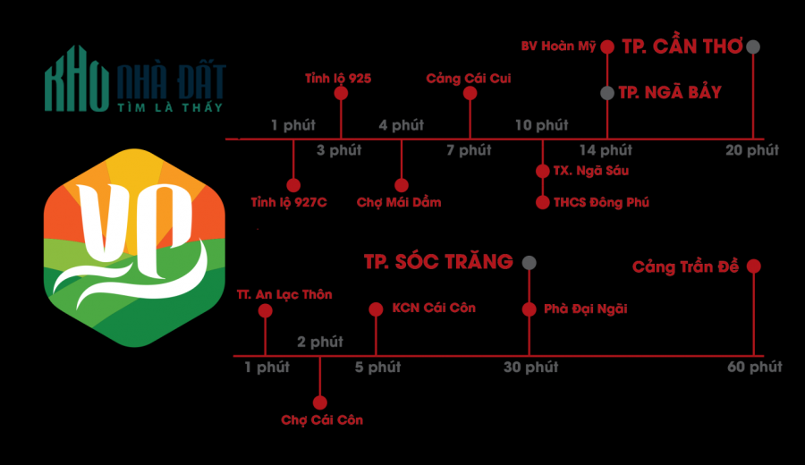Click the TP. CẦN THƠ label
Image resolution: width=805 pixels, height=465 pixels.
pyautogui.click(x=682, y=46)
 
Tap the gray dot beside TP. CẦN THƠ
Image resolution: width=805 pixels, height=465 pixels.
pyautogui.click(x=753, y=46)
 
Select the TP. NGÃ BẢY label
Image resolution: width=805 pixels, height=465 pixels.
pyautogui.click(x=670, y=92)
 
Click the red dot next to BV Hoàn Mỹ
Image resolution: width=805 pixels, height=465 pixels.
pyautogui.click(x=607, y=47)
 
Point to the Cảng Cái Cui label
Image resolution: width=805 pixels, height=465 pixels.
pyautogui.click(x=469, y=79)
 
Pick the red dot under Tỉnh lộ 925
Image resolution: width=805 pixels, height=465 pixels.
pyautogui.click(x=341, y=93)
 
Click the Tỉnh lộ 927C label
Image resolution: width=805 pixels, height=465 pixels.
pyautogui.click(x=289, y=202)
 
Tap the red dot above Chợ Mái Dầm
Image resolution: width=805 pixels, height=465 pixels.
pyautogui.click(x=402, y=185)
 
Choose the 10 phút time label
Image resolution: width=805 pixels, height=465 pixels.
pyautogui.click(x=542, y=125)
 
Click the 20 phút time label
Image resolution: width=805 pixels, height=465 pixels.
pyautogui.click(x=752, y=150)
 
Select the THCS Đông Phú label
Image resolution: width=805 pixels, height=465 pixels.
pyautogui.click(x=601, y=202)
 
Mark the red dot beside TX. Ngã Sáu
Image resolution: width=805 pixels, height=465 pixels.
pyautogui.click(x=543, y=171)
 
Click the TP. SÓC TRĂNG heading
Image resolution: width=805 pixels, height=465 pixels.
pyautogui.click(x=438, y=262)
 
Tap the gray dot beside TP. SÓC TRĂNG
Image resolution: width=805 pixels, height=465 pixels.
pyautogui.click(x=530, y=263)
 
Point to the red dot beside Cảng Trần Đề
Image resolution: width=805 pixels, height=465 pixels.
pyautogui.click(x=754, y=266)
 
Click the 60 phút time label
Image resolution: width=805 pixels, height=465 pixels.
pyautogui.click(x=755, y=367)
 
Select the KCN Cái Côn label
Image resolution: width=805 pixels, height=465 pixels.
pyautogui.click(x=434, y=308)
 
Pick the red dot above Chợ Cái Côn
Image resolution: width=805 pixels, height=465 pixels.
pyautogui.click(x=320, y=403)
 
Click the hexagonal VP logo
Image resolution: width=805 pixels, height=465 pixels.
pyautogui.click(x=134, y=248)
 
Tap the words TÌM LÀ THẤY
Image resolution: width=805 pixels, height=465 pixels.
pyautogui.click(x=170, y=107)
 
